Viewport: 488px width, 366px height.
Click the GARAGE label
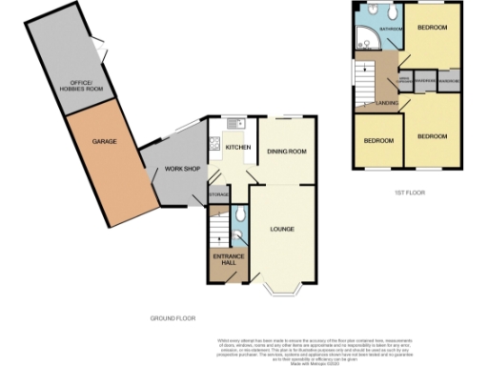104,142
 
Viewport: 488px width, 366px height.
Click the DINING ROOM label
285,151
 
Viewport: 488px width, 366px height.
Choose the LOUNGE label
280,229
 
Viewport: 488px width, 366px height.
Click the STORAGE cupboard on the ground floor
219,196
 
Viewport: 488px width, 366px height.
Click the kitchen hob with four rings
215,146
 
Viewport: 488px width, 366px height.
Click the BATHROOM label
391,30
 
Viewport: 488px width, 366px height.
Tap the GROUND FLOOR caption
172,316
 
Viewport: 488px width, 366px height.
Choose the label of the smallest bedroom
378,141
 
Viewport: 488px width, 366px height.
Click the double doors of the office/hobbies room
99,42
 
